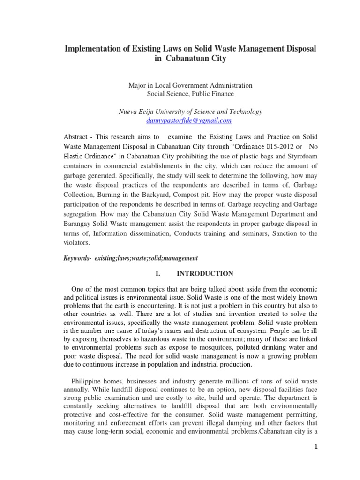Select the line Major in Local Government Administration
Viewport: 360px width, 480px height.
pos(190,85)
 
